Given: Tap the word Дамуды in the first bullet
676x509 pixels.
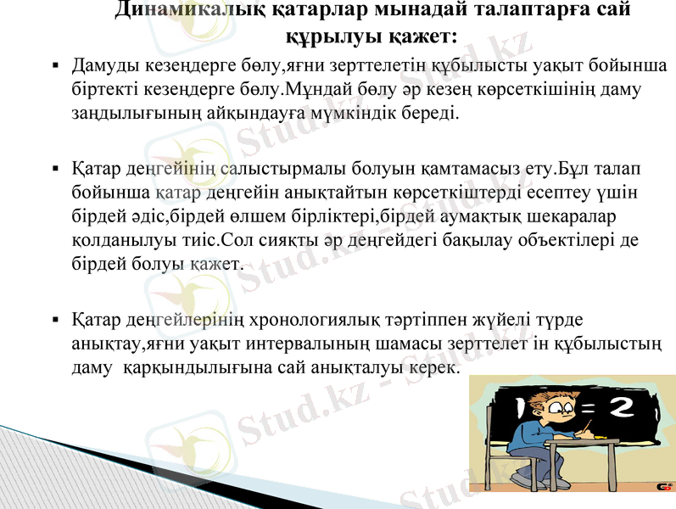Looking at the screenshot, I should point(103,66).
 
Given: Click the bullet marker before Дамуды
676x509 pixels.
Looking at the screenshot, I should point(54,66).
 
